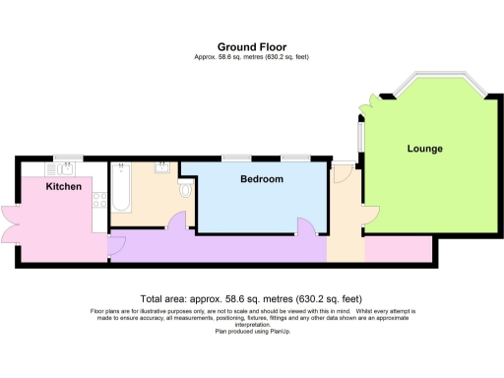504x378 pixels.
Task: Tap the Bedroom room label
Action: [262, 179]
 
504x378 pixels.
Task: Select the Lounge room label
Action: [425, 149]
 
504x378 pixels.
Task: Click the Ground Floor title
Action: [252, 46]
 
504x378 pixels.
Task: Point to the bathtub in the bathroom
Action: [121, 187]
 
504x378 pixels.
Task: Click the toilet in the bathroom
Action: [184, 187]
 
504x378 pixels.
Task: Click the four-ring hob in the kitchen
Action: [98, 200]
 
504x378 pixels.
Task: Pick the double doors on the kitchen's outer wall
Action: [10, 224]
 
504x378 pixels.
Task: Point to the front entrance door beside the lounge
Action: [341, 173]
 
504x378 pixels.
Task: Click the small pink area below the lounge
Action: [398, 250]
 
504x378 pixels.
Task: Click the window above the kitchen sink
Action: [69, 157]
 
